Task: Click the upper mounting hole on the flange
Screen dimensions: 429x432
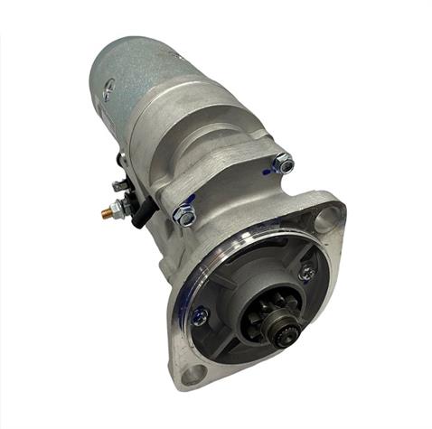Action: (x=327, y=218)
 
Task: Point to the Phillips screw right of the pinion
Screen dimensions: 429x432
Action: (x=307, y=270)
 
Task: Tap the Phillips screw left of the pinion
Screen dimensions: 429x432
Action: (x=200, y=315)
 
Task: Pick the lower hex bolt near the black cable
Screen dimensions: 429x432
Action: (x=185, y=216)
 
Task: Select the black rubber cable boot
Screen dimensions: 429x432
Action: (x=138, y=213)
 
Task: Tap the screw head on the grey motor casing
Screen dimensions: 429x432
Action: (x=107, y=90)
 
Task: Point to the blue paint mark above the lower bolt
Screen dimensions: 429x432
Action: (x=186, y=200)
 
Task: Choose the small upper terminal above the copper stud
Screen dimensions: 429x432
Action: (x=118, y=186)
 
